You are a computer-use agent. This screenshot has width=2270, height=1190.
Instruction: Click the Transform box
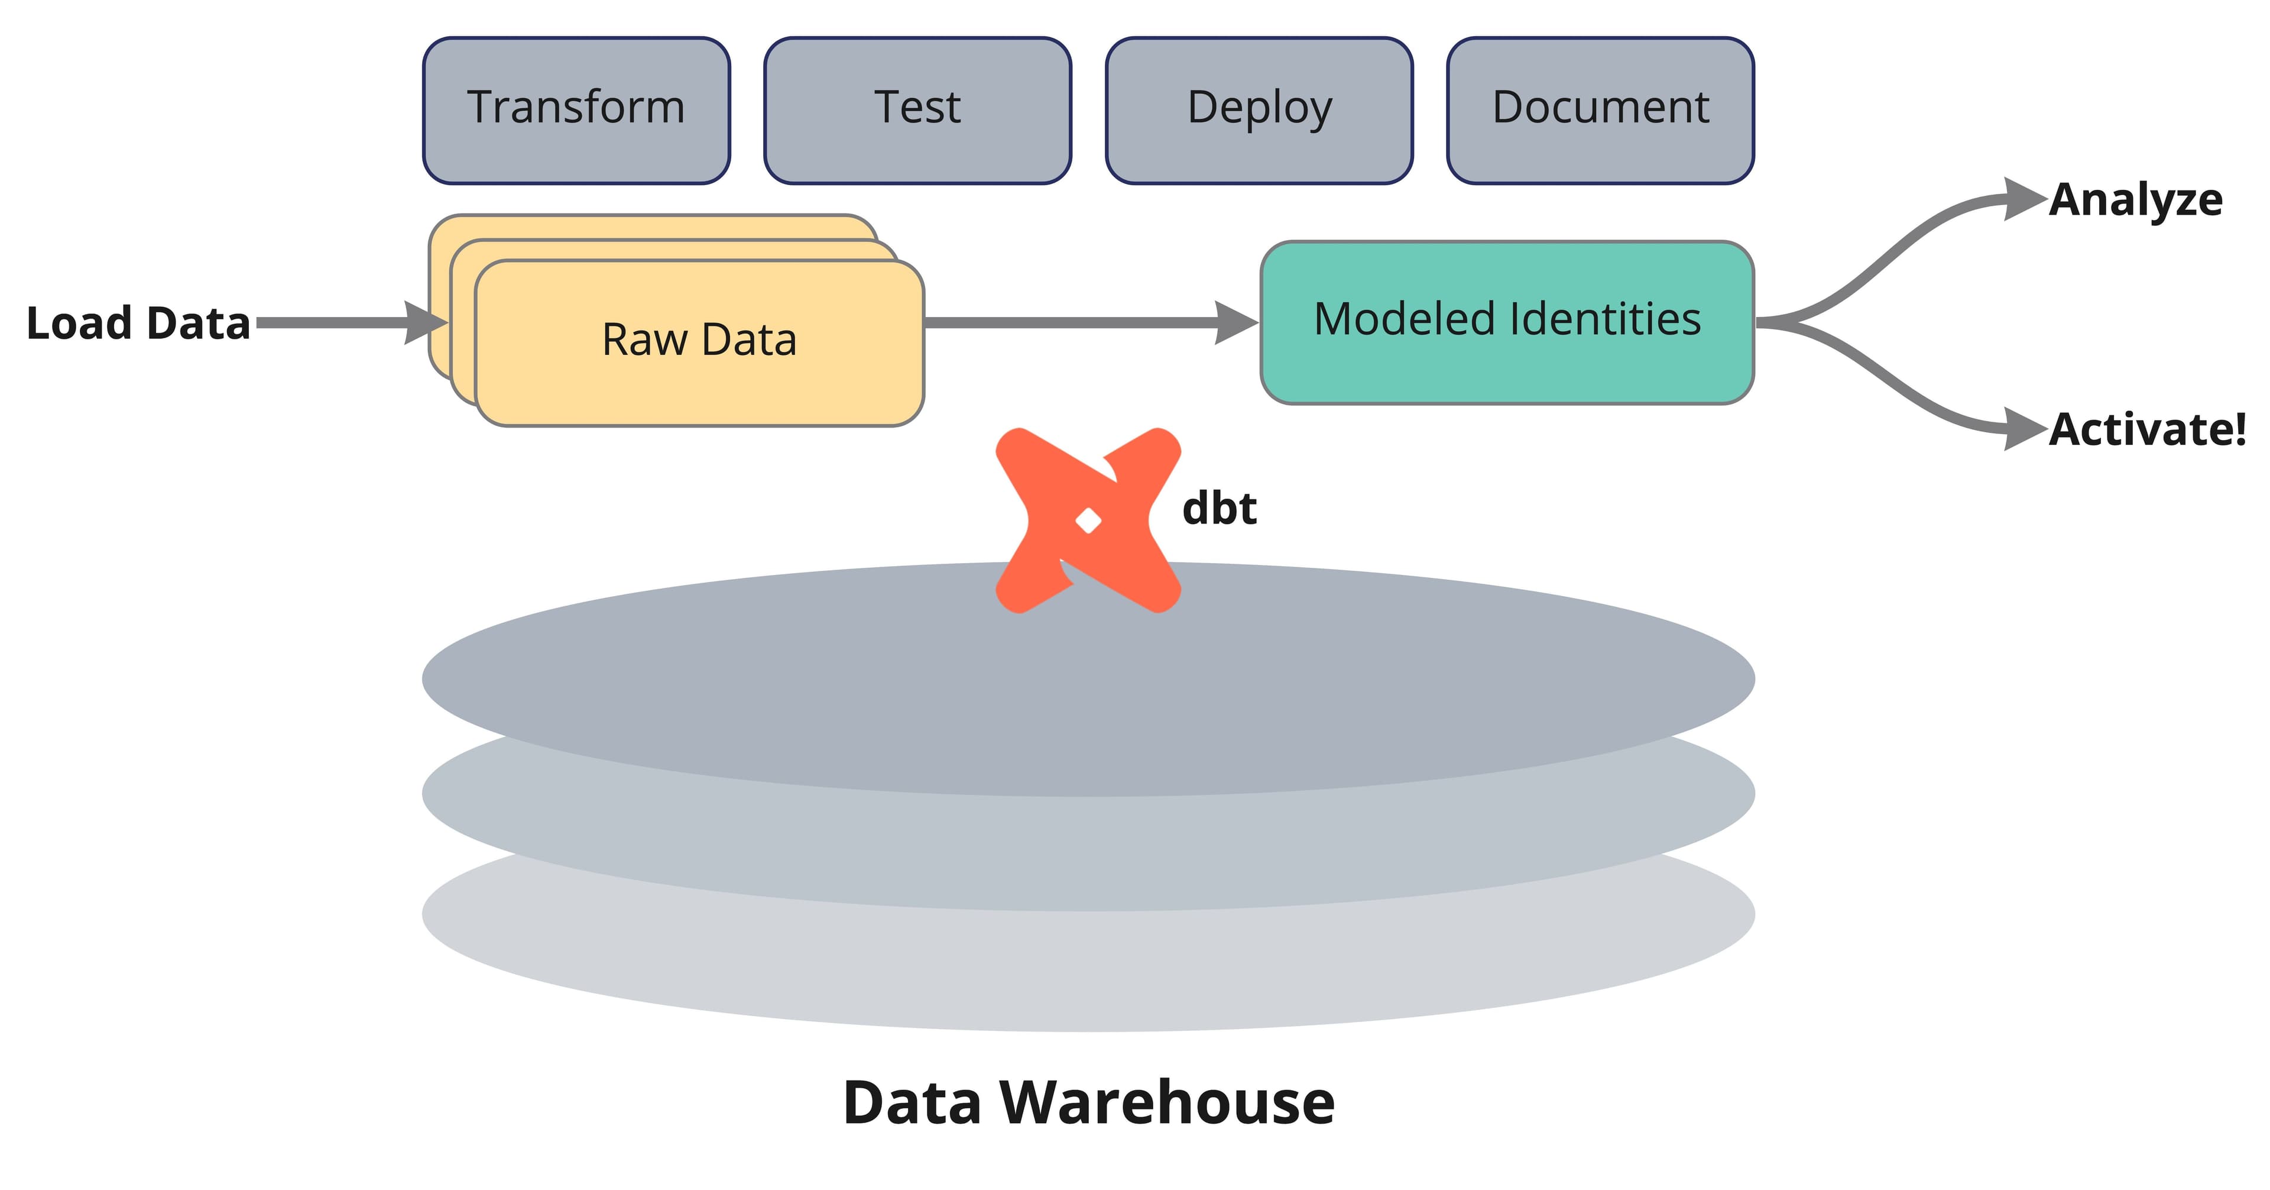(576, 110)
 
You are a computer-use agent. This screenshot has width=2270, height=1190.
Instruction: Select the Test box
(917, 110)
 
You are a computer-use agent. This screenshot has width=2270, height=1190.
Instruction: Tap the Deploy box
(1259, 110)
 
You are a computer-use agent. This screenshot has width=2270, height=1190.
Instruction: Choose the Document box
(1600, 110)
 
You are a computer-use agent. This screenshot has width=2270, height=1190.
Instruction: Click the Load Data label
(138, 322)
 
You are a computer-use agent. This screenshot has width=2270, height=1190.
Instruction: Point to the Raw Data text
(699, 339)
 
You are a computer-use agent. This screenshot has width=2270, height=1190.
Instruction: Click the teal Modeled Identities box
(1507, 322)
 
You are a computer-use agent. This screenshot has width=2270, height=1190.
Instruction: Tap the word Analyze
(2135, 200)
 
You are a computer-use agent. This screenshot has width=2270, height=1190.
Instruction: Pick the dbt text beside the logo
(1219, 509)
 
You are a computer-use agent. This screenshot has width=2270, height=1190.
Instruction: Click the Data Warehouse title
(1088, 1102)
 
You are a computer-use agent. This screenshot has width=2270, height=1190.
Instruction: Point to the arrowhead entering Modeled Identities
(1236, 322)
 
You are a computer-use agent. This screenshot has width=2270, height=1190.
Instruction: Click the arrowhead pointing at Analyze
(2023, 199)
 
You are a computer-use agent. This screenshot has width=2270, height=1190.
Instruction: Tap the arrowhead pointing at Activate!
(2023, 429)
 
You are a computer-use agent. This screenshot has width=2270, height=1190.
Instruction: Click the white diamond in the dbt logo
(1088, 521)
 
